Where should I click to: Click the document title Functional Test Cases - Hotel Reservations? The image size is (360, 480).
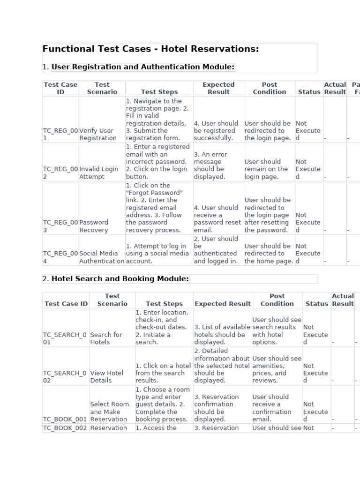tap(150, 49)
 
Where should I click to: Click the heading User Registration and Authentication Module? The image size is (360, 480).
tap(142, 67)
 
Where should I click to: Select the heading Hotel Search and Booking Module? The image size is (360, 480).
tap(120, 279)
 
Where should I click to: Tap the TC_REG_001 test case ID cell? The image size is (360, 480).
tap(60, 134)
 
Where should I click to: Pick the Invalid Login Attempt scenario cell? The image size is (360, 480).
tap(99, 173)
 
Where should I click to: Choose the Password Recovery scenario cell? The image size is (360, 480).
tap(94, 226)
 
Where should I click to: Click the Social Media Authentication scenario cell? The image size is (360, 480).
tap(102, 257)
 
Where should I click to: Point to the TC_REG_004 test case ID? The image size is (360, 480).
tap(60, 257)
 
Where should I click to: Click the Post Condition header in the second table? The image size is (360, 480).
tap(277, 300)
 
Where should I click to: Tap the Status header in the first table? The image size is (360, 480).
tap(309, 92)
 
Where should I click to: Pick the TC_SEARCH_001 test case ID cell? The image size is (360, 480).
tap(65, 338)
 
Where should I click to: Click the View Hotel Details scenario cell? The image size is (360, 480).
tap(107, 377)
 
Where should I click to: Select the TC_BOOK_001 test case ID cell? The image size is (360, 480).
tap(65, 419)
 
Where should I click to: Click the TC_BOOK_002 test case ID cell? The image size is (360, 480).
tap(65, 428)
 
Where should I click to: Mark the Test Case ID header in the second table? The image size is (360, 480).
tap(66, 304)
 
